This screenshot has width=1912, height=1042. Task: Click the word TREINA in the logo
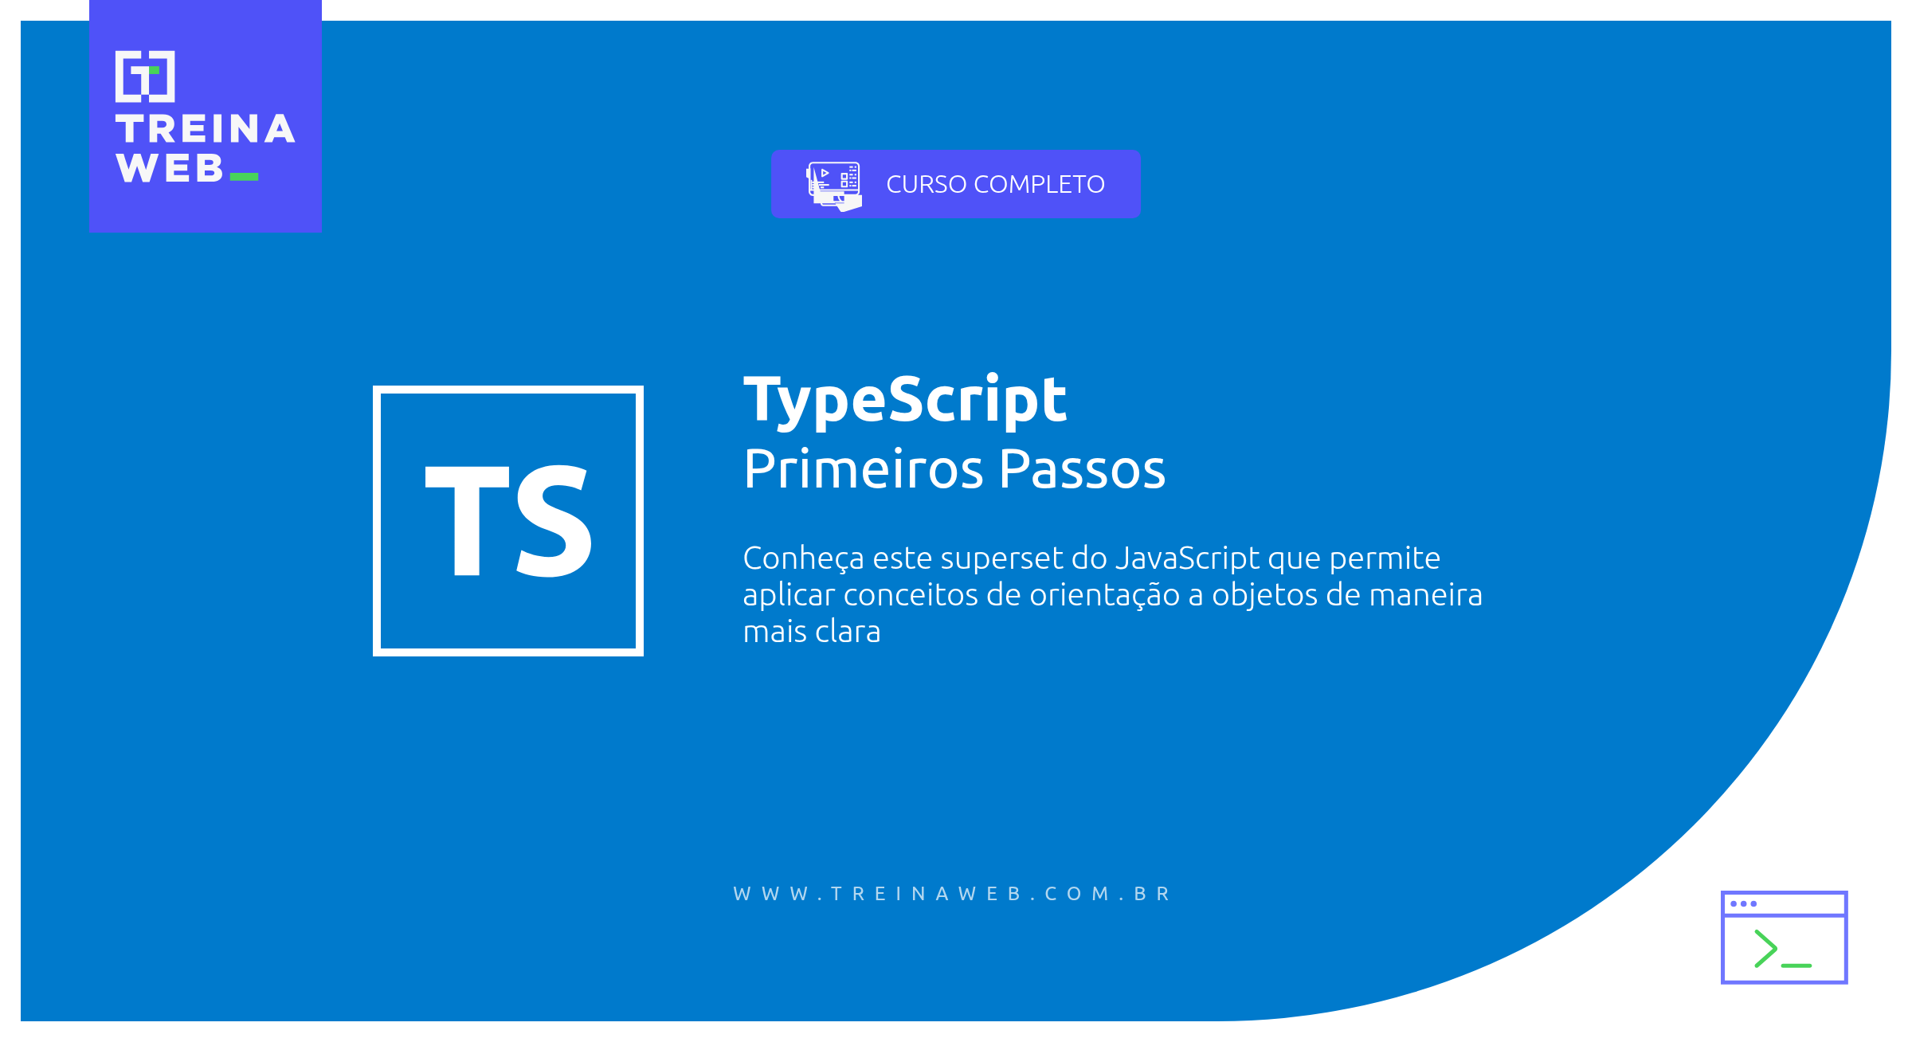pos(205,129)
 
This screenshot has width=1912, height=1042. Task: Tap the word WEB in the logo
pos(169,168)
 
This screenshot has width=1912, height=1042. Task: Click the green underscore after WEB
pos(244,177)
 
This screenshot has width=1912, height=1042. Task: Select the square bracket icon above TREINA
pos(145,76)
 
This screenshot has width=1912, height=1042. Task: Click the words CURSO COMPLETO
pos(995,184)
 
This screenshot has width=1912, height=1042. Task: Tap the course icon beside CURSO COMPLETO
pos(834,186)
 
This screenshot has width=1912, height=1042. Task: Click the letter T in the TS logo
pos(467,519)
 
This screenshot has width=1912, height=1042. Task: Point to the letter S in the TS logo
pos(554,521)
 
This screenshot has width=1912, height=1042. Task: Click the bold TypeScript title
pos(904,400)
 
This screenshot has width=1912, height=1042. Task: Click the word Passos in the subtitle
pos(1082,469)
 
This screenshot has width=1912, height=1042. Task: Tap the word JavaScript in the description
pos(1187,558)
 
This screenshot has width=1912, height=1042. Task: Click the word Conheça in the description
pos(803,558)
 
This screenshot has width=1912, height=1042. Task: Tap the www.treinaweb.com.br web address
pos(952,894)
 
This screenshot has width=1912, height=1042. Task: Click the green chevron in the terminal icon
pos(1765,949)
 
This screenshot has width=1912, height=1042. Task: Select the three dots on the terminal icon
pos(1743,903)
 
